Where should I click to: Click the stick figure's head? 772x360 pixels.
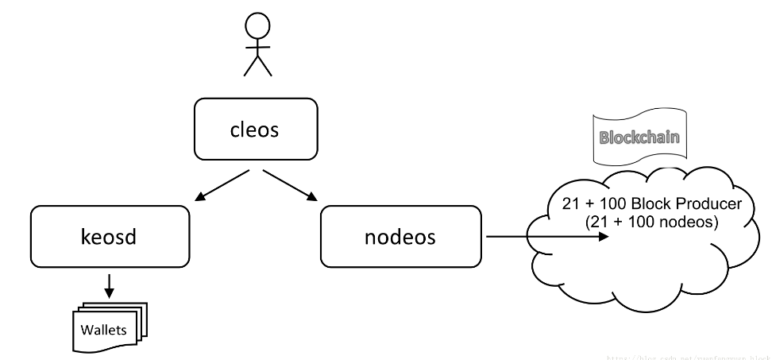tap(257, 26)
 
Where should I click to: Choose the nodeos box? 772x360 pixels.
tap(400, 236)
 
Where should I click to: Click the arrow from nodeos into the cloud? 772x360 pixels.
tap(548, 236)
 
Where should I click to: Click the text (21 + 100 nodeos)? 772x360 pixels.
tap(651, 222)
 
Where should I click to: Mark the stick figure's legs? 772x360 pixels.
tap(257, 65)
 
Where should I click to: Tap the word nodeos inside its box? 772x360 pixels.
tap(400, 236)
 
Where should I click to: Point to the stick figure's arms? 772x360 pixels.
tap(257, 47)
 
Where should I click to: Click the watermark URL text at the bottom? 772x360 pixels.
tap(688, 357)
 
